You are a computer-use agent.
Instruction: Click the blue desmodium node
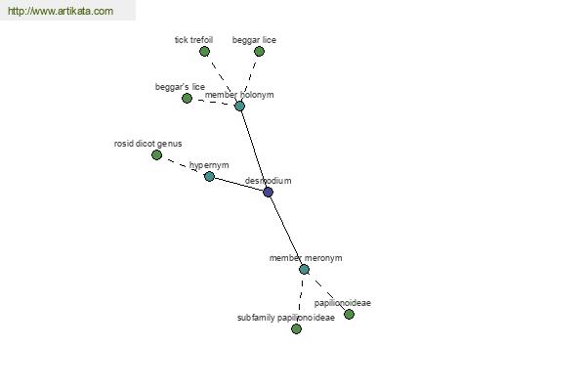coord(268,192)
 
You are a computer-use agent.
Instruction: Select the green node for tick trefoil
coord(204,51)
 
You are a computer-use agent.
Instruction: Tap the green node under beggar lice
coord(259,51)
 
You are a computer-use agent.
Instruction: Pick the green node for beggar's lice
coord(187,98)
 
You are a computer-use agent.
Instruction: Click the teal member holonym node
coord(239,106)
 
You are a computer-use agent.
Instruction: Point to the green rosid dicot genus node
coord(156,154)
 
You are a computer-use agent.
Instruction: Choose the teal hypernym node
coord(209,176)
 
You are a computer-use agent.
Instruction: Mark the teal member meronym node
coord(304,269)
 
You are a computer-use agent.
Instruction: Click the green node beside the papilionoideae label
coord(349,314)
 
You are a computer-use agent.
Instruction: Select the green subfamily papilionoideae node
coord(296,328)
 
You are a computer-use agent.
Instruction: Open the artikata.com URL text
coord(61,11)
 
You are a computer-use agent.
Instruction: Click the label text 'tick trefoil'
coord(193,40)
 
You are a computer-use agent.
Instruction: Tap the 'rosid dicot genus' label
coord(148,144)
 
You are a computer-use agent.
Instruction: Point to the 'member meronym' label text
coord(306,258)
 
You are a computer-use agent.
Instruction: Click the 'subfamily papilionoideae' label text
coord(286,318)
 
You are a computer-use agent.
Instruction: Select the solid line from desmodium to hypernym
coord(239,184)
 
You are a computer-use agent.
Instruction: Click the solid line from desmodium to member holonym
coord(254,149)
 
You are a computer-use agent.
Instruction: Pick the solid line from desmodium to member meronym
coord(286,231)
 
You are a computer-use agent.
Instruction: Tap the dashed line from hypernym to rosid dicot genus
coord(184,165)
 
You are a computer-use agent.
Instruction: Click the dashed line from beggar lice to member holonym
coord(249,78)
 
